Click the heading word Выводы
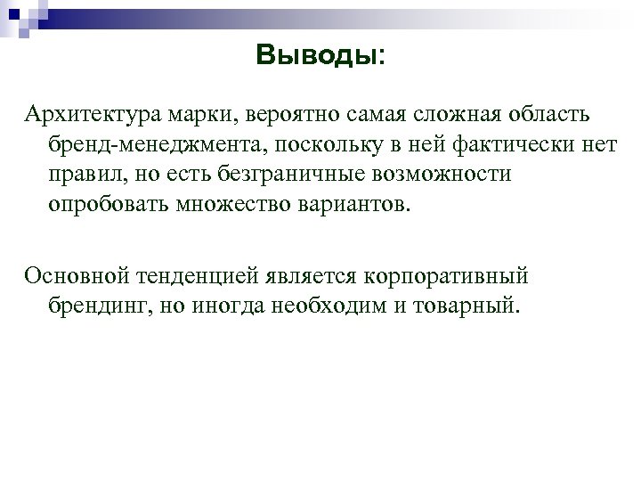coord(316,56)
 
